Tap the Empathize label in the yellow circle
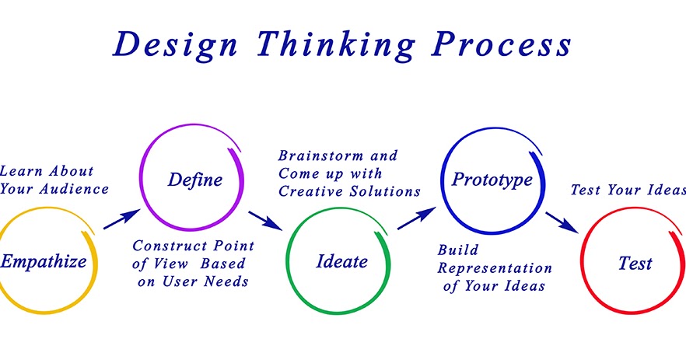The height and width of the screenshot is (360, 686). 44,261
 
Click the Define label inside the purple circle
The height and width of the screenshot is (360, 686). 194,180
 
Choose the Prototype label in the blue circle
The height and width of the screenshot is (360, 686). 492,180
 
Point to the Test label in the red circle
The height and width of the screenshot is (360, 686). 635,263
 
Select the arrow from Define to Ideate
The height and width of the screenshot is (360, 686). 265,219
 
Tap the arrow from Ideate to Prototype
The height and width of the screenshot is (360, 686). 416,218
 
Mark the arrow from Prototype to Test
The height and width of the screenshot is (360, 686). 561,221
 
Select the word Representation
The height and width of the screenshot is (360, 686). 495,268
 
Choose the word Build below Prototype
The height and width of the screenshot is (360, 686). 457,250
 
